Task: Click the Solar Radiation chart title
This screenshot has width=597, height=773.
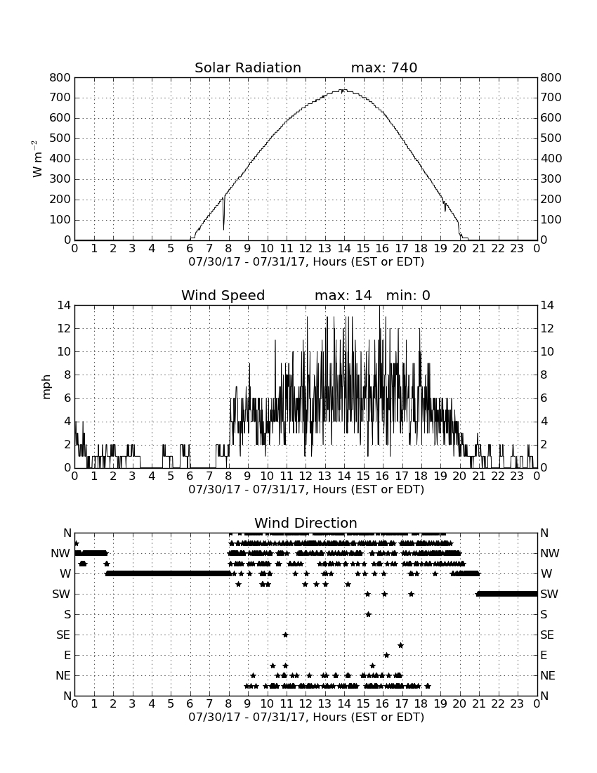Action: [248, 67]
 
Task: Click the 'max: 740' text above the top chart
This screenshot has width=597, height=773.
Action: [384, 67]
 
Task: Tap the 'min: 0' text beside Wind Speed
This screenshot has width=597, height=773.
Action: [408, 295]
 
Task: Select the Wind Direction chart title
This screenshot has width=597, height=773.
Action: [306, 523]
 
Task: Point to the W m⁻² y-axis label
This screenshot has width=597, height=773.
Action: [37, 159]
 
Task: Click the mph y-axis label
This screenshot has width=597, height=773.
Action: [46, 387]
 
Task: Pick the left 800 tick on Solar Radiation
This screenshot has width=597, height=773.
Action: [60, 77]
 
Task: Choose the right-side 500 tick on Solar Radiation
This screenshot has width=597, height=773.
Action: [551, 138]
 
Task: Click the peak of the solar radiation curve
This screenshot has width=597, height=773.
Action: [344, 90]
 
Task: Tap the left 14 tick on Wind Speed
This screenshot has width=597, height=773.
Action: [65, 306]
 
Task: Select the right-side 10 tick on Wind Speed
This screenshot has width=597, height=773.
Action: [546, 351]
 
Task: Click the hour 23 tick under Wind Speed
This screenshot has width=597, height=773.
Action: [517, 476]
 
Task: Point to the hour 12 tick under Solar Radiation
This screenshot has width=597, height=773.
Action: [306, 248]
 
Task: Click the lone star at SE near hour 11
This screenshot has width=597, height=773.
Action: [285, 635]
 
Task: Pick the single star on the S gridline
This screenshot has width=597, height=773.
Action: [369, 614]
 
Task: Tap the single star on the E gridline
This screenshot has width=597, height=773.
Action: [387, 655]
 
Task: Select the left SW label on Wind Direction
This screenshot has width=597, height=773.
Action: [62, 594]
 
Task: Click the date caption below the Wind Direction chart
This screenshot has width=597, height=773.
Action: [306, 717]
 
